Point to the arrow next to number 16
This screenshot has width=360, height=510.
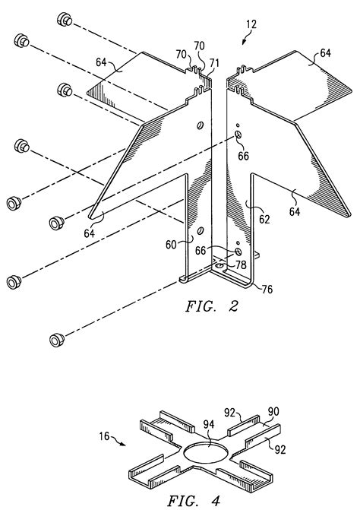coord(122,442)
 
